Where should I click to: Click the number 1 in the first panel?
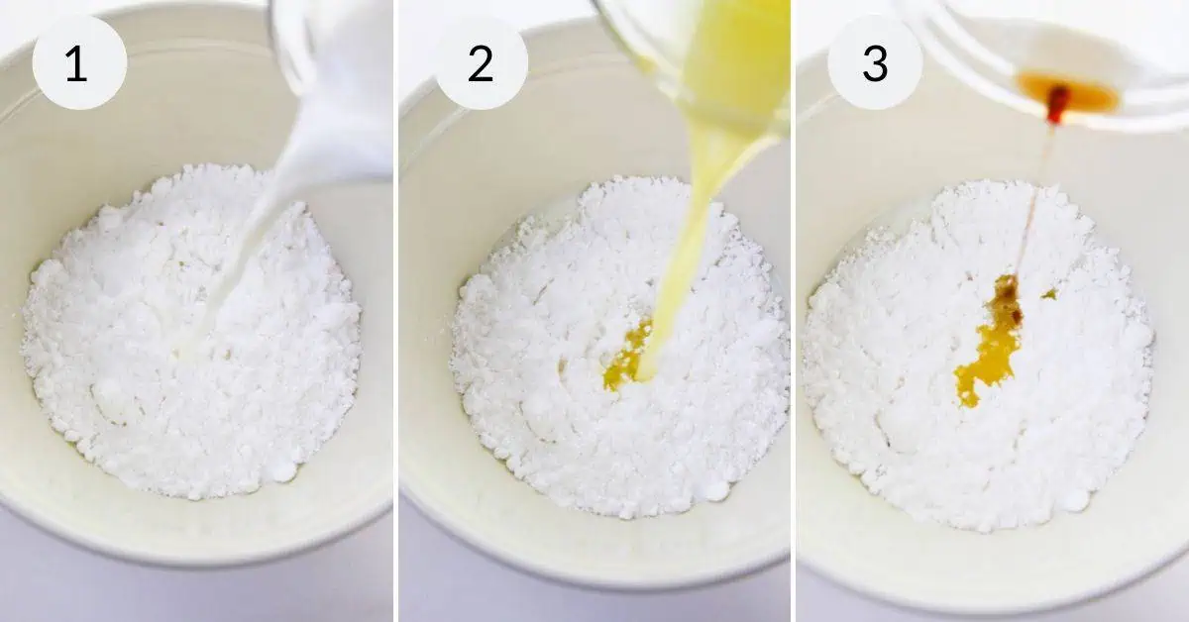point(76,63)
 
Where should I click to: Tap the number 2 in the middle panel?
point(481,63)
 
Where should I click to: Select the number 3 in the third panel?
point(875,63)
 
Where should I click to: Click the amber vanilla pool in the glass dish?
point(1067,93)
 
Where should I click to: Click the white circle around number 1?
point(79,62)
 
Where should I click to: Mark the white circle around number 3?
point(875,62)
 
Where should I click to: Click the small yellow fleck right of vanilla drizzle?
point(1048,293)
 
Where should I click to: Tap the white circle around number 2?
point(481,62)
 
